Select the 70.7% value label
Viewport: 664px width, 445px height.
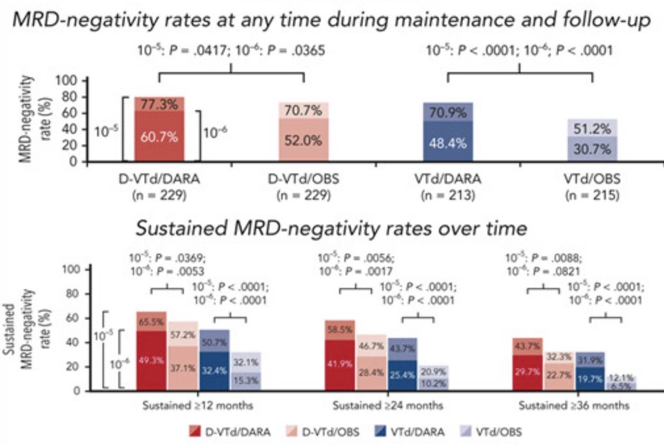click(303, 112)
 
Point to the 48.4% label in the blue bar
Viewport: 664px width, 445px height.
click(448, 144)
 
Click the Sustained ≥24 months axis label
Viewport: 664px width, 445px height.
click(388, 406)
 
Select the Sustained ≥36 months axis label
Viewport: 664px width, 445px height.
click(574, 406)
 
